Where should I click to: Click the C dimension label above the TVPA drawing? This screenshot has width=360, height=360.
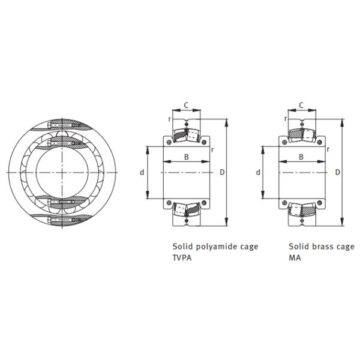pyautogui.click(x=186, y=106)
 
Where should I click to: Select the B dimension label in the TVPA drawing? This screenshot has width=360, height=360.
pyautogui.click(x=186, y=157)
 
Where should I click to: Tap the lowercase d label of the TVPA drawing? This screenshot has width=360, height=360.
pyautogui.click(x=142, y=173)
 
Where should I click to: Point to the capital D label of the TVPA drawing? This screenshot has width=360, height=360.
pyautogui.click(x=222, y=173)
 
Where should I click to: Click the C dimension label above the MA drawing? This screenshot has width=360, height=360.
pyautogui.click(x=301, y=106)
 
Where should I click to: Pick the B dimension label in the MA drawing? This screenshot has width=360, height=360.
pyautogui.click(x=301, y=157)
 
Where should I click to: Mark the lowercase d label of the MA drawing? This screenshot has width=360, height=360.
pyautogui.click(x=258, y=173)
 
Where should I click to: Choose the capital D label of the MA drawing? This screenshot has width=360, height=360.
pyautogui.click(x=337, y=173)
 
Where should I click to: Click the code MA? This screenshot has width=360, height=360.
pyautogui.click(x=295, y=258)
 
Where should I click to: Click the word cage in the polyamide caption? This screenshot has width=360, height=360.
pyautogui.click(x=249, y=247)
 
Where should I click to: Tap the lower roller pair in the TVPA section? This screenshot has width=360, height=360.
pyautogui.click(x=187, y=212)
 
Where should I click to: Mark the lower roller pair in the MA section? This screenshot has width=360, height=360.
pyautogui.click(x=302, y=212)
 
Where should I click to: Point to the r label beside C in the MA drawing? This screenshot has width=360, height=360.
pyautogui.click(x=285, y=118)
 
